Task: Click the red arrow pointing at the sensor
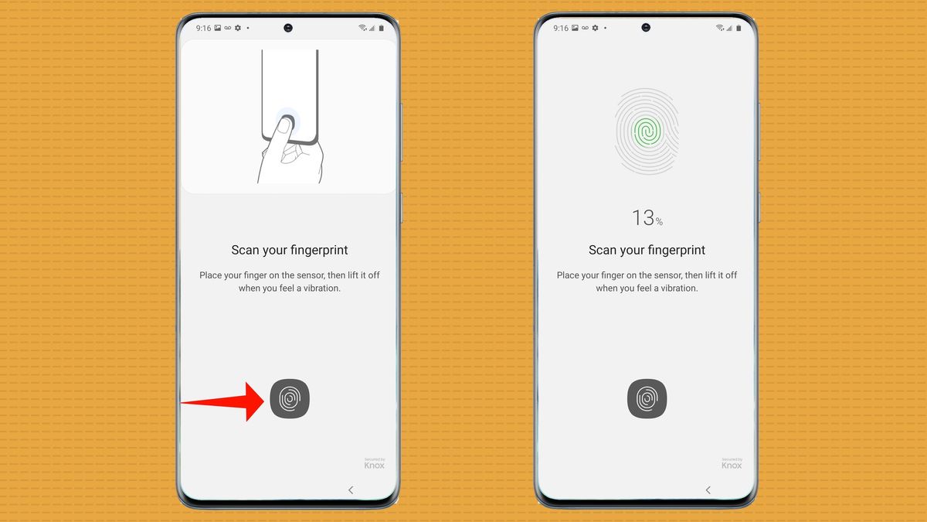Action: click(x=224, y=401)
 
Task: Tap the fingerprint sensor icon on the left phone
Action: click(x=290, y=400)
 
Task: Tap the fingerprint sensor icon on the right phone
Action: click(x=647, y=400)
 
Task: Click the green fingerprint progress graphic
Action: click(x=647, y=131)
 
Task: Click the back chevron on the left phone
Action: click(x=351, y=490)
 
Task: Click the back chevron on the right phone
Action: click(x=708, y=490)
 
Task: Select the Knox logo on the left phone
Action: click(x=375, y=463)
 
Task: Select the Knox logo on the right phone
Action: click(x=732, y=463)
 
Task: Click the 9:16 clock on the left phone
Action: click(x=203, y=28)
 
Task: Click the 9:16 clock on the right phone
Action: click(x=561, y=28)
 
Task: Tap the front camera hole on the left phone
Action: click(x=288, y=27)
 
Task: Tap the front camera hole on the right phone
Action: click(x=646, y=27)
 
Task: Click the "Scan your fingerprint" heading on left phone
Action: click(x=290, y=250)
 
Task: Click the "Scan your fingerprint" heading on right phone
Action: click(x=647, y=250)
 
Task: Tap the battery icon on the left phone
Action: click(x=381, y=28)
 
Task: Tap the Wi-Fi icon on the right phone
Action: click(x=720, y=28)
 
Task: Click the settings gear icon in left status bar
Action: click(x=238, y=28)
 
